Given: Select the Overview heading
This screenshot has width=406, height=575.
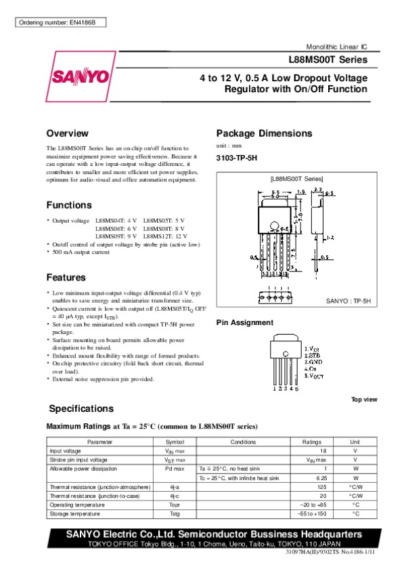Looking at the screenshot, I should pos(68,133).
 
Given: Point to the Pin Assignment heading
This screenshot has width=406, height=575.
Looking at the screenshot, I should pos(244,322).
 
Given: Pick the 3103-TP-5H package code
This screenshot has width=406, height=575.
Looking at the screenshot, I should pos(238,158).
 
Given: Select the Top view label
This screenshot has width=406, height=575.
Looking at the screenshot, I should pos(363,400).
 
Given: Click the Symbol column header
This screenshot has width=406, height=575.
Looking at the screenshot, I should pos(175,442).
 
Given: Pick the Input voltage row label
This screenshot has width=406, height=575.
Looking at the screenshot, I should pos(66,450).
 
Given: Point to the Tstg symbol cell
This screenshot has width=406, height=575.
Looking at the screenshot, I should pos(175,513).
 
